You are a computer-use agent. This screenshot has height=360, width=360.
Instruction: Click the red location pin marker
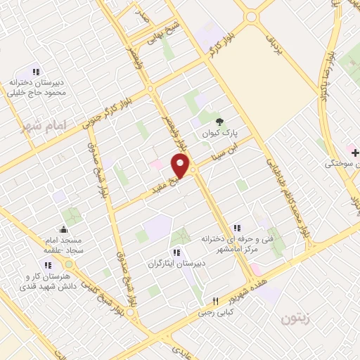click(x=181, y=166)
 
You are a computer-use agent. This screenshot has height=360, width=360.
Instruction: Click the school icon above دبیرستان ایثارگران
click(x=176, y=252)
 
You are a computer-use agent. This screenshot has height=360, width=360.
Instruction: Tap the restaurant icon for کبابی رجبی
click(x=217, y=300)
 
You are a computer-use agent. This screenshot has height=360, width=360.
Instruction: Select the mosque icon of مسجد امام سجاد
click(x=63, y=229)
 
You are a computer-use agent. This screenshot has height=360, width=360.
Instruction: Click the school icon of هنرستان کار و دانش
click(x=48, y=265)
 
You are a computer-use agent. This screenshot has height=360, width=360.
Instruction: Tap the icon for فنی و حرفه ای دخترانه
click(x=237, y=227)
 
